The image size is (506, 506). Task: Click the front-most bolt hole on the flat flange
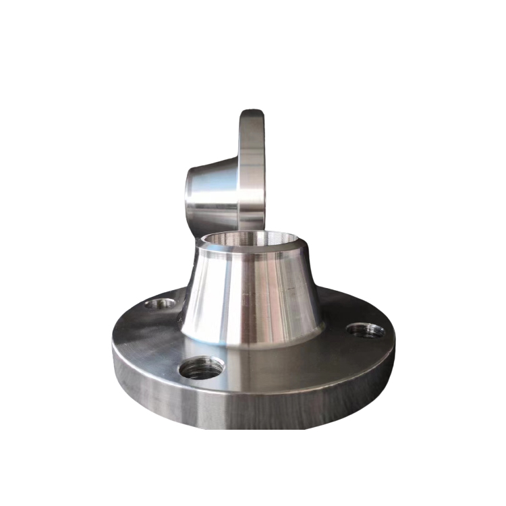pyautogui.click(x=202, y=367)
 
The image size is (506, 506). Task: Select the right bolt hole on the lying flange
pyautogui.click(x=365, y=330)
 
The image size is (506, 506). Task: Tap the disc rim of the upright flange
pyautogui.click(x=251, y=169)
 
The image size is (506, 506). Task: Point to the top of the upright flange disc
pyautogui.click(x=251, y=113)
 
